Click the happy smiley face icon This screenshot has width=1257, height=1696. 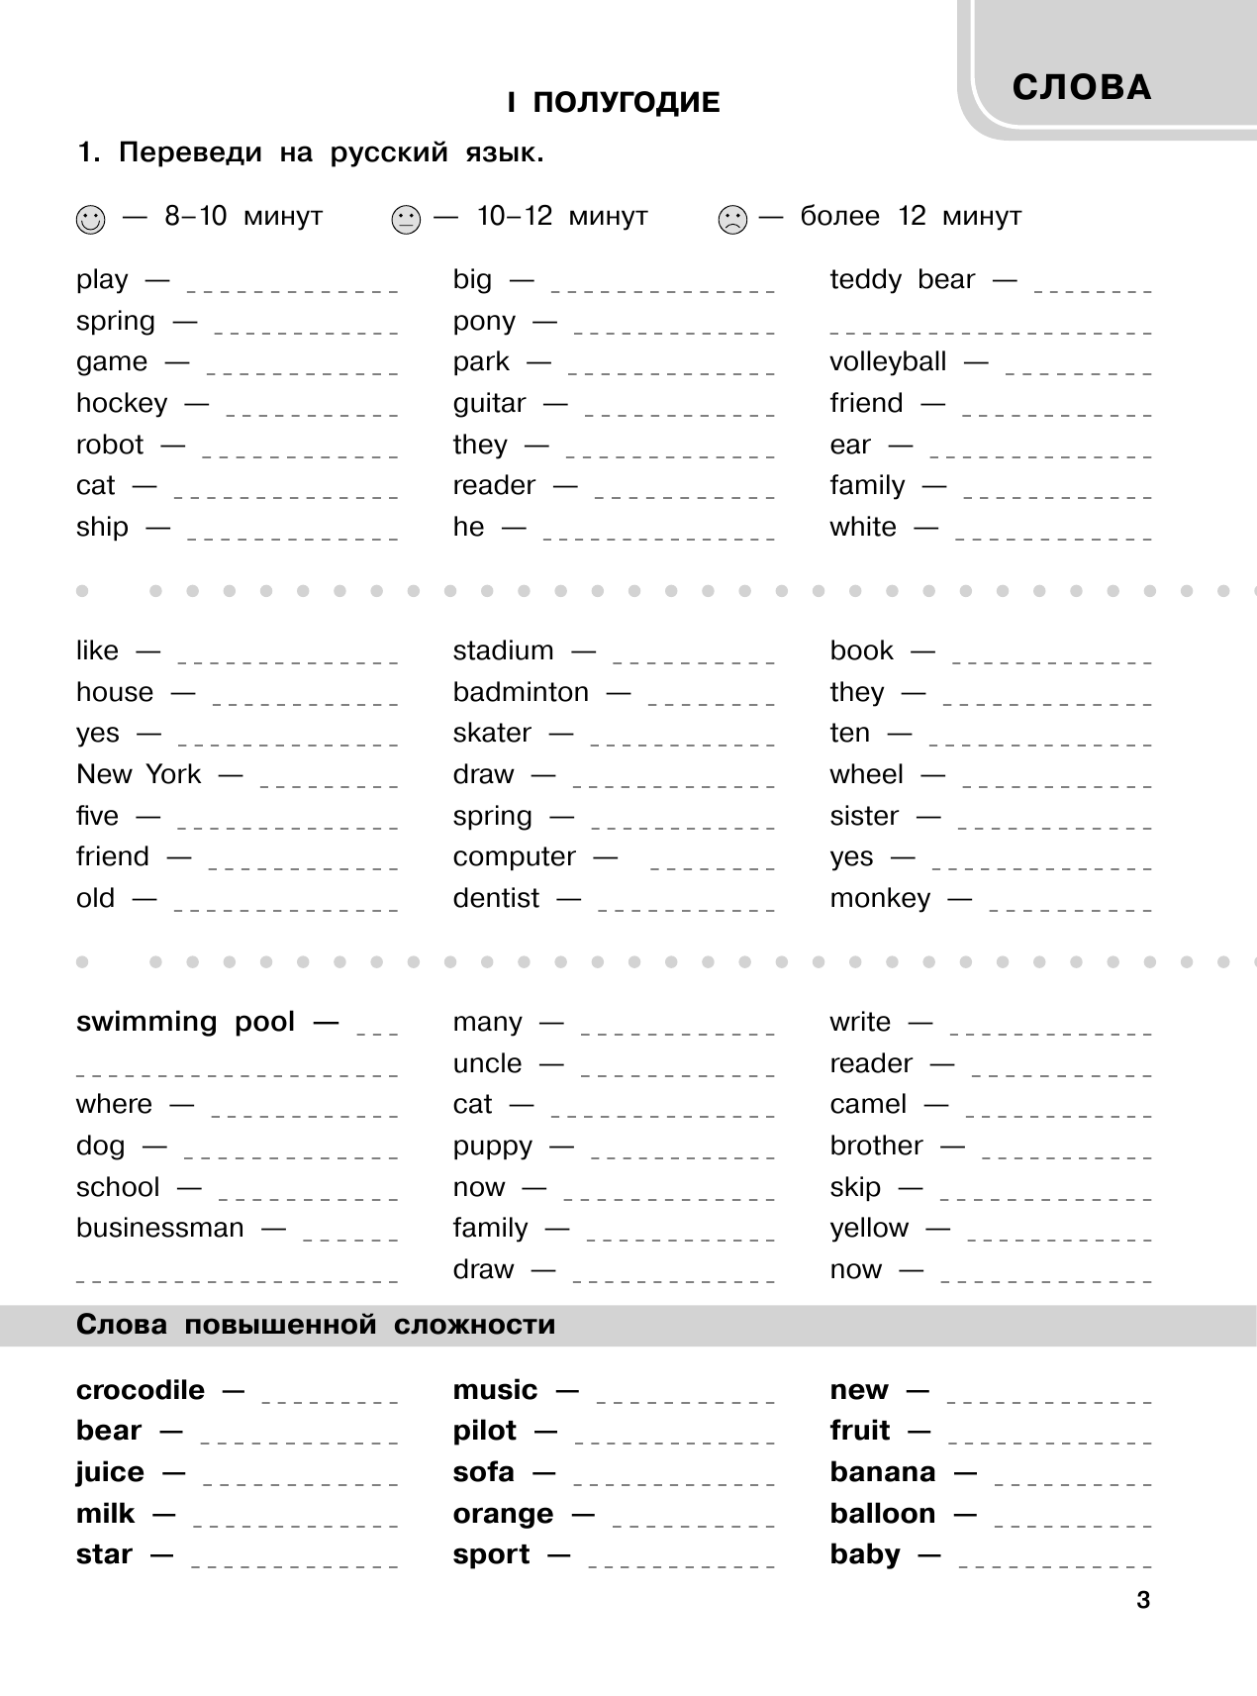coord(89,219)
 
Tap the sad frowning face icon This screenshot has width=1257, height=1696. coord(732,219)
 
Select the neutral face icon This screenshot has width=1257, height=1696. coord(406,219)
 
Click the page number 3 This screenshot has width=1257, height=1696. coord(1143,1600)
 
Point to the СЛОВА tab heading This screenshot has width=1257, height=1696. coord(1082,88)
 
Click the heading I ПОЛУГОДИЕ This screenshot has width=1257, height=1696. coord(613,102)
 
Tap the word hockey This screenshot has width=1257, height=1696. coord(122,404)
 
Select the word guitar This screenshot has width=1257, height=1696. coord(489,404)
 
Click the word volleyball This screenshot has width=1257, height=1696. coord(888,362)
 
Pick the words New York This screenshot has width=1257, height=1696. coord(139,774)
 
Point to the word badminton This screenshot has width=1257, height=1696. coord(521,692)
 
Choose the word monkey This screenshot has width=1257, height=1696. coord(880,899)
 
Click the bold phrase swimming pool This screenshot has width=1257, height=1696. coord(185,1022)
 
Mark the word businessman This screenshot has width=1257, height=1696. coord(159,1229)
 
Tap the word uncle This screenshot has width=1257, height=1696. coord(487,1063)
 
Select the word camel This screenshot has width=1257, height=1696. coord(868,1105)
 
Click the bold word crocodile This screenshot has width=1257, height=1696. coord(141,1390)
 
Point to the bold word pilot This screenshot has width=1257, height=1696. coord(485,1432)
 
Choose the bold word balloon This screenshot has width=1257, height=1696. coord(882,1514)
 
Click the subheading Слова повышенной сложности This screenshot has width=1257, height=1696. coord(316,1325)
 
